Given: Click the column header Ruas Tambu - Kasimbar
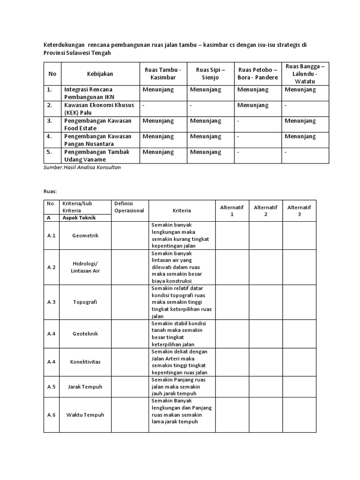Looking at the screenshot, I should (x=164, y=74).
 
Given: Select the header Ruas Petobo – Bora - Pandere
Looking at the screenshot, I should (x=258, y=74).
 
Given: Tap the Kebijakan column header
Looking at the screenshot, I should (x=100, y=74).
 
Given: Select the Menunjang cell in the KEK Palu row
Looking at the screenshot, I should (x=253, y=105).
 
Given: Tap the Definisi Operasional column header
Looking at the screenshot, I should (x=129, y=207).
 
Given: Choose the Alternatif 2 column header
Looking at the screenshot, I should (x=265, y=210).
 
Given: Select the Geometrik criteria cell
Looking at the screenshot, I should (x=86, y=236).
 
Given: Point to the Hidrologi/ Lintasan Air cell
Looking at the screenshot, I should (x=86, y=267).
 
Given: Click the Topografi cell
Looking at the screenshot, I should (x=86, y=302).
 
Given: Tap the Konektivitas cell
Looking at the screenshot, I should (x=86, y=362).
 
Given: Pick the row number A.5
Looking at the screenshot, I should (x=52, y=387).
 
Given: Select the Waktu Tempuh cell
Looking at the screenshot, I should (x=86, y=415).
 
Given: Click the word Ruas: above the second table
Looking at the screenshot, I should (x=50, y=191).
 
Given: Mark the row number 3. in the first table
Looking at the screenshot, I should (x=50, y=121).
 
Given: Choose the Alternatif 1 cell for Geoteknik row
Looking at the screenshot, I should (x=232, y=334).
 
